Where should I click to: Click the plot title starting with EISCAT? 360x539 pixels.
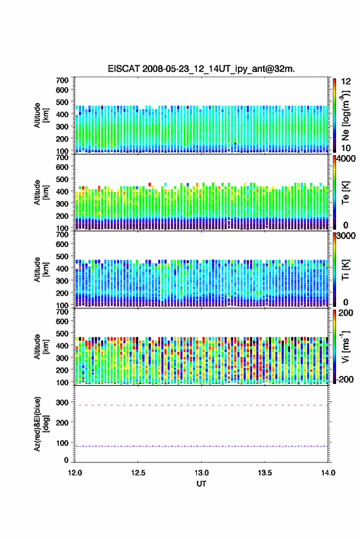click(201, 69)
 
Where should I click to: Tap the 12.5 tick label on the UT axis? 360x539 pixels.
click(138, 473)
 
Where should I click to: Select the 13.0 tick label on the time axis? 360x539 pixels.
click(202, 473)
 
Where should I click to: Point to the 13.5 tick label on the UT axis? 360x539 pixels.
click(265, 473)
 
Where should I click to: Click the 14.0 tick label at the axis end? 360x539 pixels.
click(328, 473)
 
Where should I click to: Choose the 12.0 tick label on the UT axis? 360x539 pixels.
click(75, 473)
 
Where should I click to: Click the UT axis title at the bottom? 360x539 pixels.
click(202, 484)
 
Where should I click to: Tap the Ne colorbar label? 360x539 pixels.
click(345, 115)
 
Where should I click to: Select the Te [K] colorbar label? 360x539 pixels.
click(345, 193)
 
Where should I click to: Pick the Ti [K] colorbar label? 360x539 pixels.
click(345, 270)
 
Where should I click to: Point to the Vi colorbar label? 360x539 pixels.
click(345, 346)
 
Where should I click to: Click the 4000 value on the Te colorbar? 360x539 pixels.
click(346, 159)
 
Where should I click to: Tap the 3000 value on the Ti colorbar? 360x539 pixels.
click(346, 236)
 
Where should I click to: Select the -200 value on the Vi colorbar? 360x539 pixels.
click(344, 379)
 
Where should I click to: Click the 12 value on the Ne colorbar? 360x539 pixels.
click(347, 82)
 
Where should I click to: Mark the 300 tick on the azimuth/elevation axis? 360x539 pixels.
click(62, 402)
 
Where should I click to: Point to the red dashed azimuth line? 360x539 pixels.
click(201, 405)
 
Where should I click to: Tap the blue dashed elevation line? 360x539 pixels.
click(201, 446)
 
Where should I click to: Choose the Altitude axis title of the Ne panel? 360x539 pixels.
click(40, 115)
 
